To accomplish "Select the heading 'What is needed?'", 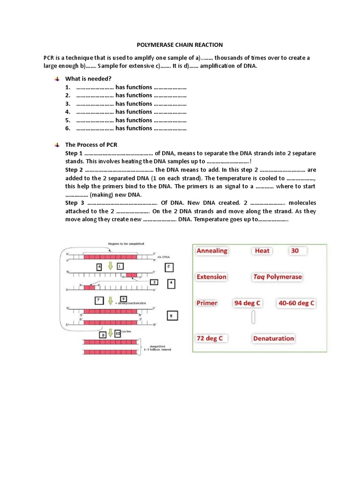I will pos(88,78).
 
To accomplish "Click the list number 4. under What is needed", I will pos(68,112).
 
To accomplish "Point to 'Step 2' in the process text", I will pos(74,170).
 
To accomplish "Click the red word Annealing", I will pos(212,251).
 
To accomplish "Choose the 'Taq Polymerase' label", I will pos(277,277).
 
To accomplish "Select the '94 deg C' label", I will pos(247,303).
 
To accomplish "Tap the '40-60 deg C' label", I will pos(296,303).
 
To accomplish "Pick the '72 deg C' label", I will pos(210,338).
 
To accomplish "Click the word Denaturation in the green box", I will pos(274,338).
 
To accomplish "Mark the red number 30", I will pos(294,251).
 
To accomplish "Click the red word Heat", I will pos(262,251).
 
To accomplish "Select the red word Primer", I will pos(207,303).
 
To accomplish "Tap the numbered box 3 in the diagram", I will pos(154,282).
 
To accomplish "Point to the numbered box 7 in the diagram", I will pos(99,300).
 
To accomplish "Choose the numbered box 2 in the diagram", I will pos(169,267).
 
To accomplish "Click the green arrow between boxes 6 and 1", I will pos(111,266).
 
